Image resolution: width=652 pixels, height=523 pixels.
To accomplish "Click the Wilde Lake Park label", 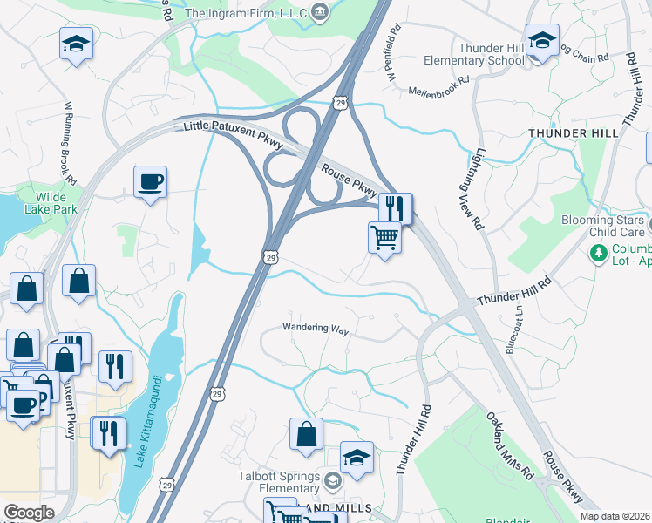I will (44, 203).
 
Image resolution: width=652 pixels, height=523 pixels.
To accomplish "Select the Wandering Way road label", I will (315, 329).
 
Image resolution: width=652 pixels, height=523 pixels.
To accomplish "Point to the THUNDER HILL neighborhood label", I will (573, 132).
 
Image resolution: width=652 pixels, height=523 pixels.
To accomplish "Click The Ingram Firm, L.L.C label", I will (247, 13).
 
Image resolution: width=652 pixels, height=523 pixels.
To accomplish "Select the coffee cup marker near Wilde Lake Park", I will (151, 181).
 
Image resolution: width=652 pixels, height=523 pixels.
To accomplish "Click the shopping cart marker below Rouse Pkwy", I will (384, 236).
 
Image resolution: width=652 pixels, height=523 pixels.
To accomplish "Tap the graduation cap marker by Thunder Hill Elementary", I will (542, 40).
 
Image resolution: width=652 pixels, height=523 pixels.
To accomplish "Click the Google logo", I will (29, 513).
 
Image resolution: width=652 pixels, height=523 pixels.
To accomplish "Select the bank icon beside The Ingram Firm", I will (321, 12).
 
